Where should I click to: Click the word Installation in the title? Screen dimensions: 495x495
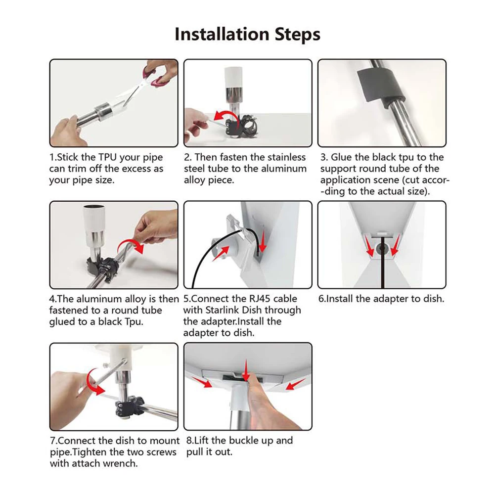[x=222, y=34]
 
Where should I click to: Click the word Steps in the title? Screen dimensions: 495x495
[x=297, y=35]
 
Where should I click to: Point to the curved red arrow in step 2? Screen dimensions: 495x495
[x=223, y=116]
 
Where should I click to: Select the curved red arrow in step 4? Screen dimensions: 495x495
[x=131, y=245]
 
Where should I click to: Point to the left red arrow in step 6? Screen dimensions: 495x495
[x=369, y=246]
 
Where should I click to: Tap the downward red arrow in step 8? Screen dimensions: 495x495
[x=246, y=370]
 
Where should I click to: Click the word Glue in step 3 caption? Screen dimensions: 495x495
[x=341, y=157]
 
